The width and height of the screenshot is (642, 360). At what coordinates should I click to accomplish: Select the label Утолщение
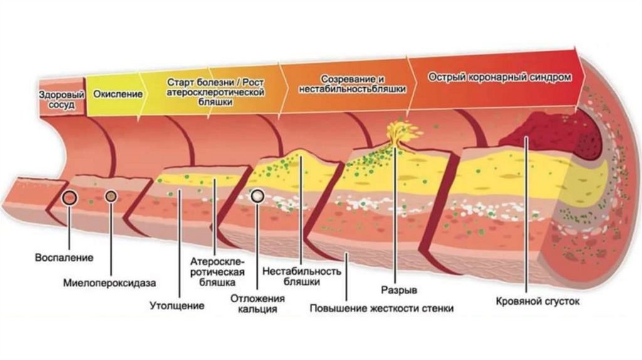click(x=177, y=307)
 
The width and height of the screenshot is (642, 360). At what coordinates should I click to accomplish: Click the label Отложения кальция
click(x=253, y=304)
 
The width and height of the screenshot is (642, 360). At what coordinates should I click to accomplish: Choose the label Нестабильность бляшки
click(x=302, y=277)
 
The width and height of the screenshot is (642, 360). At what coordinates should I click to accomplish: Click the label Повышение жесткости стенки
click(x=382, y=309)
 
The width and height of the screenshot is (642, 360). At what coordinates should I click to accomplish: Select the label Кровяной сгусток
click(x=537, y=302)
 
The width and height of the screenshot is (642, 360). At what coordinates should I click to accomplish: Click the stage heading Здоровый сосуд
click(x=61, y=101)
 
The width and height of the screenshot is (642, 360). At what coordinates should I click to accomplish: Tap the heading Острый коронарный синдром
click(x=500, y=78)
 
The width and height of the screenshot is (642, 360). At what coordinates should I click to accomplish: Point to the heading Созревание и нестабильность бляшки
click(x=352, y=85)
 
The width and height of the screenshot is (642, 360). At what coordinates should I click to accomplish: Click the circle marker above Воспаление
click(x=70, y=198)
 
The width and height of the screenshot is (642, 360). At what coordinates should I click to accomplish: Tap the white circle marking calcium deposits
click(x=257, y=196)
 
